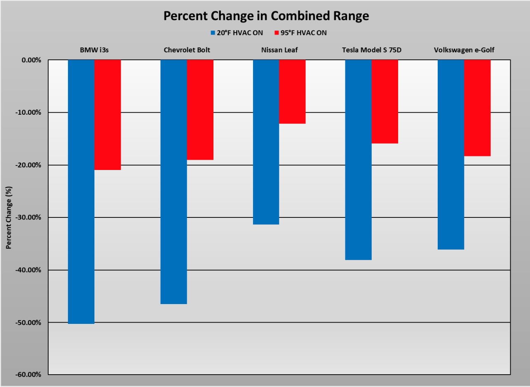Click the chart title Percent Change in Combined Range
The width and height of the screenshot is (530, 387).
coord(265,16)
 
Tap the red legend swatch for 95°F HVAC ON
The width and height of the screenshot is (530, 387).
coord(276,33)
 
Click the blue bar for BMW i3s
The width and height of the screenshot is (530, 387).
coord(81,191)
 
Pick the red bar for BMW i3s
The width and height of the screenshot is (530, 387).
coord(108,115)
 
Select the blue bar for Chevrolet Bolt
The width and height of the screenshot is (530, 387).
coord(174,182)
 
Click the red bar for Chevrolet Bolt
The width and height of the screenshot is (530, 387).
coord(200,110)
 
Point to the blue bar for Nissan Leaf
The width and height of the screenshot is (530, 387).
coord(266,142)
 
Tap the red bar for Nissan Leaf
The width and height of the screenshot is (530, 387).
coord(292,92)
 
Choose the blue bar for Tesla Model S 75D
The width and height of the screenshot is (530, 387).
coord(358,160)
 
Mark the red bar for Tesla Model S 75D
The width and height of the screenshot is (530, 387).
coord(385,101)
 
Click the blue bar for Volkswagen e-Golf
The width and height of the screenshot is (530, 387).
coord(451,154)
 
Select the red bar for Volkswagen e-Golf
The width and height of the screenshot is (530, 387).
coord(477,108)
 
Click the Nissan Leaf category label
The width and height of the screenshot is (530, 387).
coord(279,50)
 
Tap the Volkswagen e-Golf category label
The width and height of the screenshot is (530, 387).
coord(464,50)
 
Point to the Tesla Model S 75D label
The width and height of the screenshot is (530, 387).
coord(371,50)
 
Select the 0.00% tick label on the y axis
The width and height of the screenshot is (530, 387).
coord(32,60)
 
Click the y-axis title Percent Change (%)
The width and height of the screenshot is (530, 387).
coord(9,217)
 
